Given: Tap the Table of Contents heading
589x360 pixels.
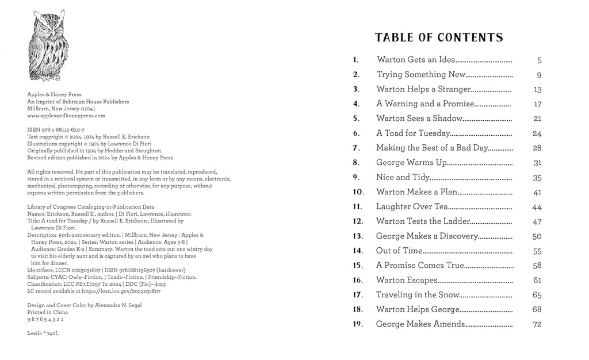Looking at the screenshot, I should (x=439, y=38).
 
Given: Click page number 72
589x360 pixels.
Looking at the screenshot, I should (x=537, y=324).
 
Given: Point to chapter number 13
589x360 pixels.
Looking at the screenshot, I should (x=358, y=236).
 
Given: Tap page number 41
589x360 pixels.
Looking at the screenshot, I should (x=537, y=192).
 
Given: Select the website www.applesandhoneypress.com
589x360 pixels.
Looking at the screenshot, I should (x=66, y=116).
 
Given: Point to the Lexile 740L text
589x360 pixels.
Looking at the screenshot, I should (x=43, y=333).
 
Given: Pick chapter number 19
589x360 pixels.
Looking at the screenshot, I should (x=358, y=324).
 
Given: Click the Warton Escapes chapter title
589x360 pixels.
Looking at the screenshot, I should (x=407, y=280).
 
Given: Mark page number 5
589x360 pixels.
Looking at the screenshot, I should (x=539, y=60).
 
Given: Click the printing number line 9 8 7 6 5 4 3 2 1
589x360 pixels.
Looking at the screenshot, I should (x=45, y=319).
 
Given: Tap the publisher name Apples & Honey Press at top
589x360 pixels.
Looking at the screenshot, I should (x=55, y=95).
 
